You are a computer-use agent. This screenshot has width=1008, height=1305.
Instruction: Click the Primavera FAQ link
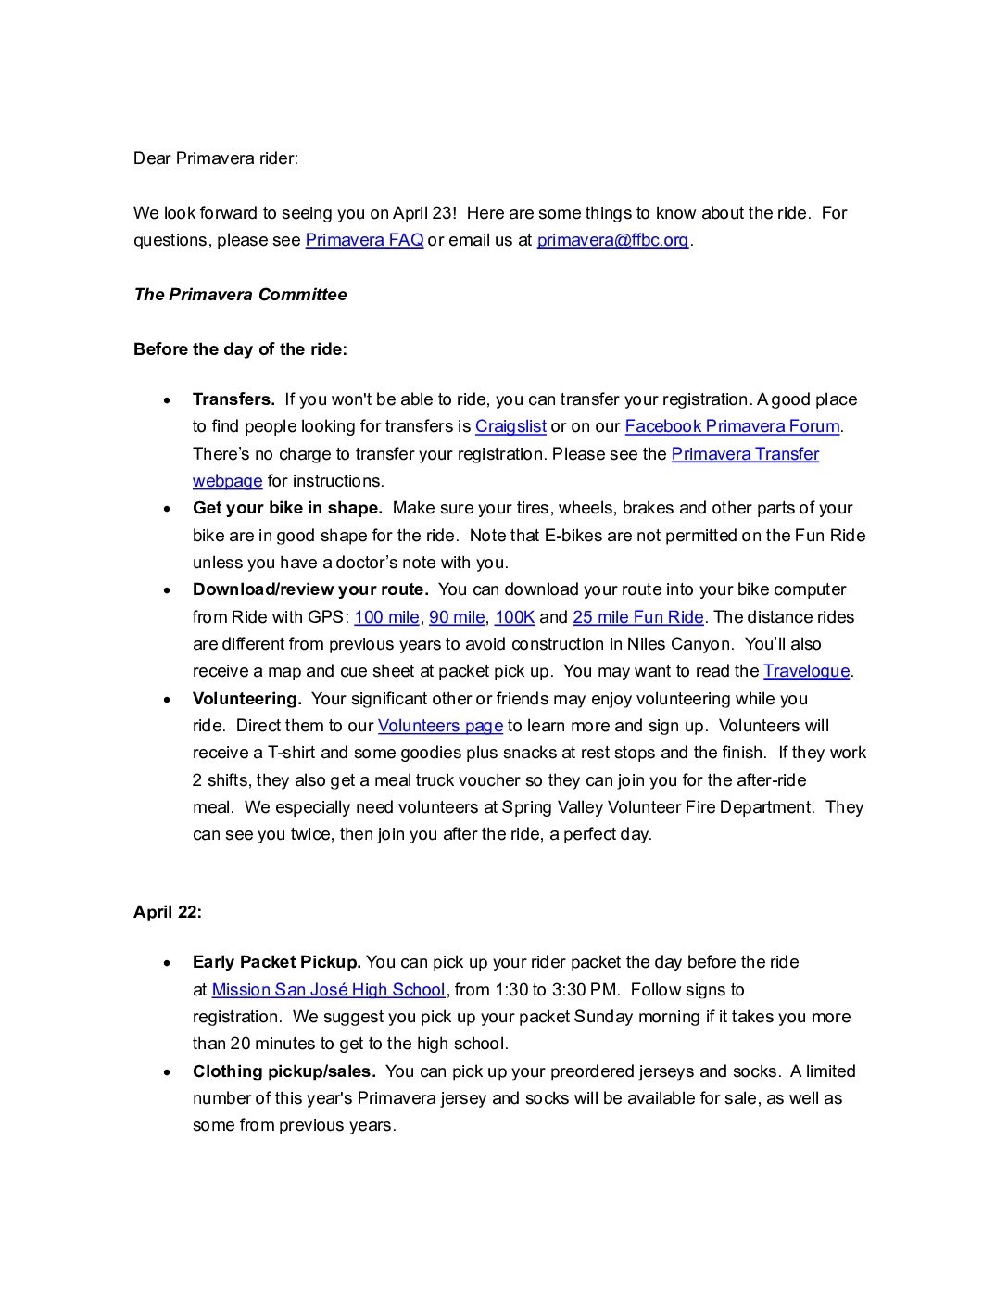[x=364, y=240]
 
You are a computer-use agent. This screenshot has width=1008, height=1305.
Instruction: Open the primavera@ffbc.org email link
[x=612, y=240]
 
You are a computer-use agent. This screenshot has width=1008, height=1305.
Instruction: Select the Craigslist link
[x=510, y=426]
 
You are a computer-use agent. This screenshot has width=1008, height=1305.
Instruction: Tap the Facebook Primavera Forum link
[x=732, y=426]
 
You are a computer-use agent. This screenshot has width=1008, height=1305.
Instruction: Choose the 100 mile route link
[x=386, y=617]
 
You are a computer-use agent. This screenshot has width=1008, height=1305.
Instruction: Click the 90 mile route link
[x=457, y=617]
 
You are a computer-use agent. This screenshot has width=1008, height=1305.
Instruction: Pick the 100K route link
[x=514, y=617]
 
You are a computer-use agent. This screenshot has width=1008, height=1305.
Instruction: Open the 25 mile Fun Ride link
[x=638, y=617]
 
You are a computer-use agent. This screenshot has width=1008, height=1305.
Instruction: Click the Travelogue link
[x=806, y=671]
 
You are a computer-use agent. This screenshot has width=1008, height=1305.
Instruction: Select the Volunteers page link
[x=440, y=726]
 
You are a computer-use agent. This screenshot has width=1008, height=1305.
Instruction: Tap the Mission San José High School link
[x=328, y=990]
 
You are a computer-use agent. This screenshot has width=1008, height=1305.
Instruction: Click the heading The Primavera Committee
[x=240, y=295]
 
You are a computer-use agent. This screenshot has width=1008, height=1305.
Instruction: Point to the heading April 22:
[x=168, y=912]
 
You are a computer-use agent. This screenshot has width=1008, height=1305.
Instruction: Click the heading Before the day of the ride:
[x=240, y=349]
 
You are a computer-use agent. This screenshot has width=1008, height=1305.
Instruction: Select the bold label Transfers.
[x=233, y=399]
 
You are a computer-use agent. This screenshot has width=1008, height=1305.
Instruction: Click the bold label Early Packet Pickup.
[x=276, y=962]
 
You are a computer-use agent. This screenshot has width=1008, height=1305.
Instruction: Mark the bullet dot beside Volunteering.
[x=167, y=700]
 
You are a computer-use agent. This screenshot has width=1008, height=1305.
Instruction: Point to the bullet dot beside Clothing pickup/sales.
[x=167, y=1072]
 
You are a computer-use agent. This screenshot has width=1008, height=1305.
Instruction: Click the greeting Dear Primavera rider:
[x=216, y=158]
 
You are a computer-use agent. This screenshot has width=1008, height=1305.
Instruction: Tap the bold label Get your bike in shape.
[x=287, y=508]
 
